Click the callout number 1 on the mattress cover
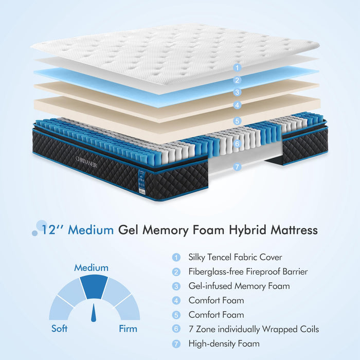[x=237, y=67]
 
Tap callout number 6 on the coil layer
[x=237, y=144]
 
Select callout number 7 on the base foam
[x=237, y=167]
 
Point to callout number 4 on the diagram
[x=237, y=105]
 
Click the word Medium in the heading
[x=92, y=230]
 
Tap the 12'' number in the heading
[x=53, y=230]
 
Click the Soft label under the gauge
[x=59, y=329]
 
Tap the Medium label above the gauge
[x=91, y=268]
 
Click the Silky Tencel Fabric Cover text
[x=235, y=257]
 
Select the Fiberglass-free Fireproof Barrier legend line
[x=248, y=272]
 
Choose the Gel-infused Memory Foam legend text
[x=239, y=286]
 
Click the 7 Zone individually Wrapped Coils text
[x=254, y=329]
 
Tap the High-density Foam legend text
[x=224, y=344]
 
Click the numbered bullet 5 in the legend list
[x=177, y=315]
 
